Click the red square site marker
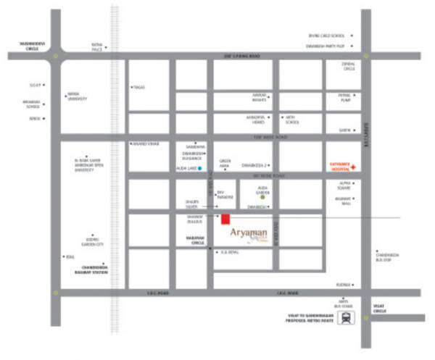(225, 219)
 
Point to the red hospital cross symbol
(353, 166)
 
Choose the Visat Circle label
(380, 308)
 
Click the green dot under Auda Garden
(263, 196)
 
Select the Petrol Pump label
(344, 97)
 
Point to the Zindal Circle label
(349, 66)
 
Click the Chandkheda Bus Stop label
(388, 256)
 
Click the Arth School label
(291, 120)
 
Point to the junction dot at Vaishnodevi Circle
(54, 55)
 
